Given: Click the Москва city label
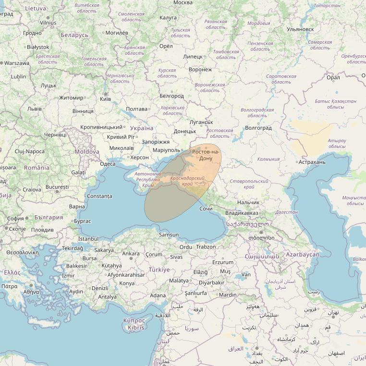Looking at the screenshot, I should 183,3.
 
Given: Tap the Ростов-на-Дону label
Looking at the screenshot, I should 206,155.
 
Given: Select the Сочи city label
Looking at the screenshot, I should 206,209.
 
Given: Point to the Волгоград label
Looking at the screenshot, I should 258,128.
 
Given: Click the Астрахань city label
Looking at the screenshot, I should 312,162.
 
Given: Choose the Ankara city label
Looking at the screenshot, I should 131,253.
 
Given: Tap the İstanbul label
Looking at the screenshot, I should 88,239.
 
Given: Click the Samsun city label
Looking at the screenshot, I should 169,235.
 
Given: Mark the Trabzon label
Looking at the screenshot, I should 206,246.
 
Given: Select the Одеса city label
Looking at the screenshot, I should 107,164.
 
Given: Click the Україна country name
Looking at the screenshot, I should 142,128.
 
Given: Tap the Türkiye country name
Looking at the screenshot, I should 159,269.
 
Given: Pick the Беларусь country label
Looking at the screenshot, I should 74,35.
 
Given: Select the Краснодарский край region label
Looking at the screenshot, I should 187,181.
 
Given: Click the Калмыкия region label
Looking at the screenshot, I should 268,159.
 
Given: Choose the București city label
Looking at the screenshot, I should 57,186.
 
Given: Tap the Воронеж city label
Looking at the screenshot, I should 200,70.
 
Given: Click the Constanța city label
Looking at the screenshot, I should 100,196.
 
